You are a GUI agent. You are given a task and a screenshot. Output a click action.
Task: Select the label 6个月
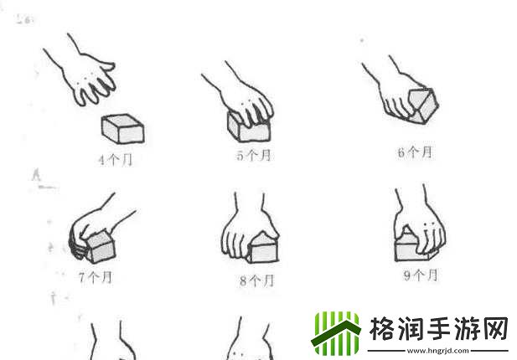tap(416, 152)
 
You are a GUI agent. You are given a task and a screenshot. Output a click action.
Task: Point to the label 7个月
tap(96, 278)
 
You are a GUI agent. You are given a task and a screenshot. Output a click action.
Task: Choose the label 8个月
tap(256, 281)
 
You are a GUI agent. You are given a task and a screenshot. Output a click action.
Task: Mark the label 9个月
tap(420, 275)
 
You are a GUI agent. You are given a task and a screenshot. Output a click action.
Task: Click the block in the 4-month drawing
tap(123, 129)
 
